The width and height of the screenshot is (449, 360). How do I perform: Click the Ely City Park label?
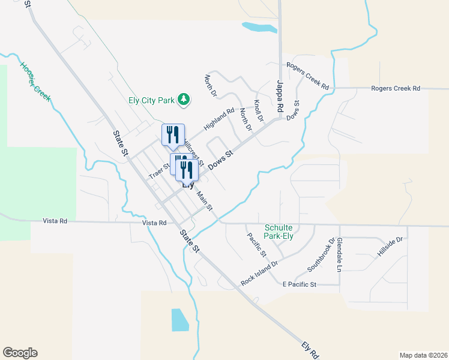150,100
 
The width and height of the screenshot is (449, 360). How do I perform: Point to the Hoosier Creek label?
35,82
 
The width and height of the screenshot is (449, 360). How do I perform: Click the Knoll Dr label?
259,111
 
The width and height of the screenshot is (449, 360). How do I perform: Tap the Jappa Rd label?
279,97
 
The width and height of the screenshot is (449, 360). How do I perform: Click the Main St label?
205,199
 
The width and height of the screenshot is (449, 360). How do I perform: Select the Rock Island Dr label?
259,272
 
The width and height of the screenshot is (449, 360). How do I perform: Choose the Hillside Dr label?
390,247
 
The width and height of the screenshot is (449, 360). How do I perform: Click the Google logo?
20,353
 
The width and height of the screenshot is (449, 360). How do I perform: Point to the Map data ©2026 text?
423,354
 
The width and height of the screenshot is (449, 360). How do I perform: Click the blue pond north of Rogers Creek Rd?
257,27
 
